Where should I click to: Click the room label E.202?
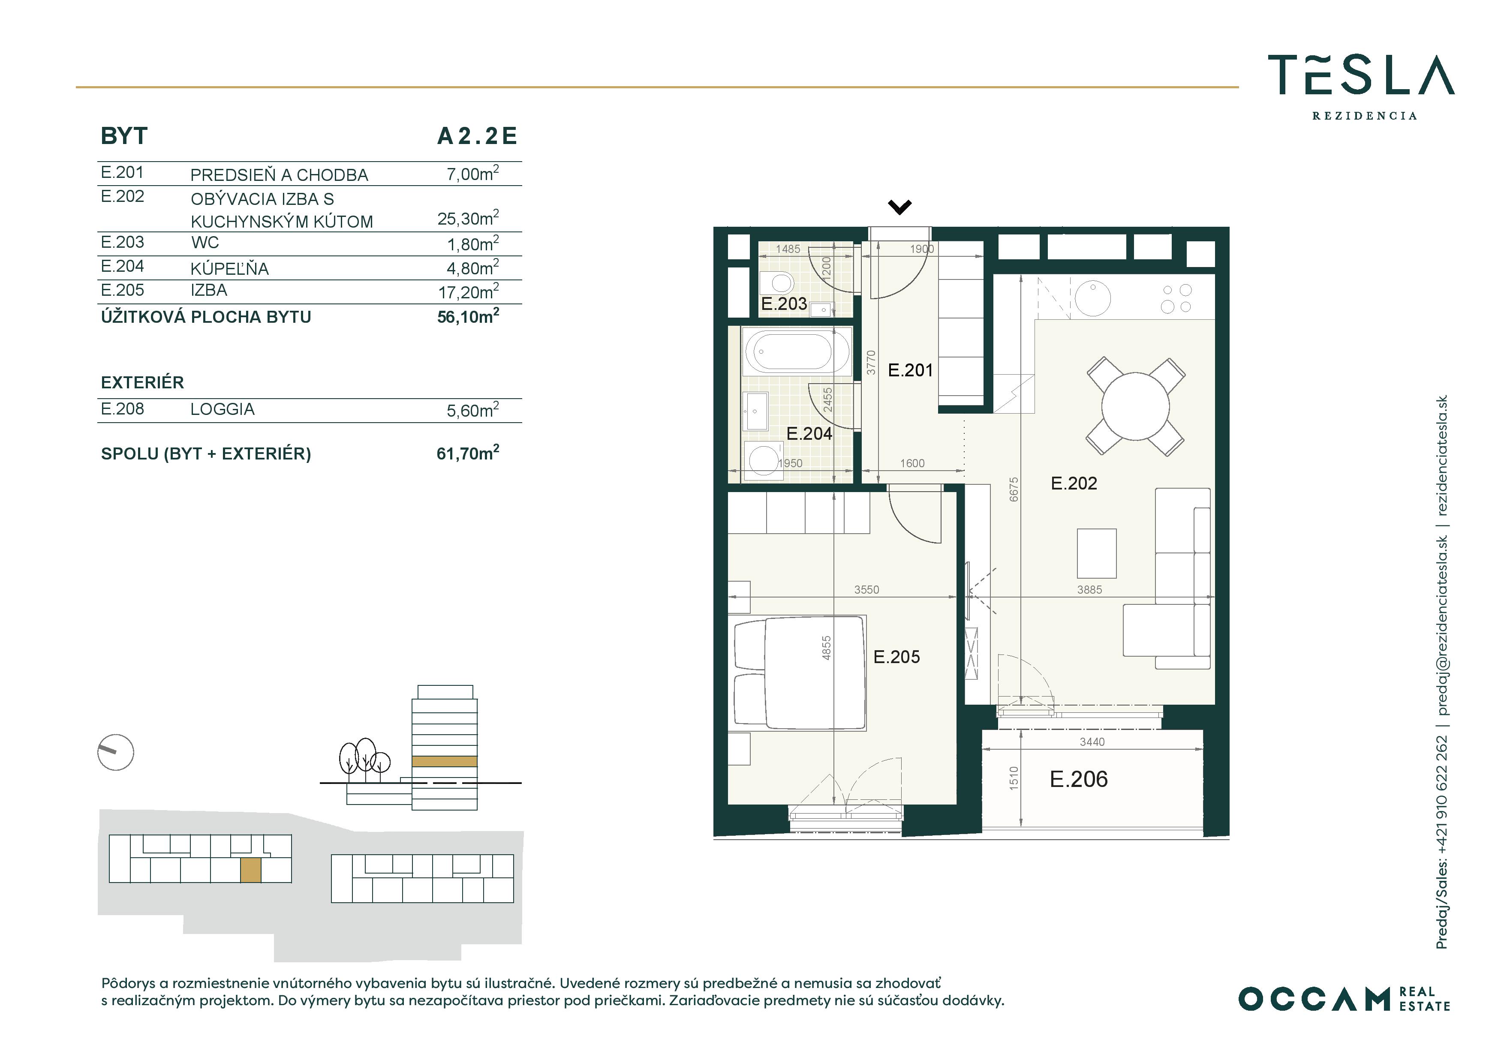coord(1074,483)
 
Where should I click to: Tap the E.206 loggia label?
coord(1078,779)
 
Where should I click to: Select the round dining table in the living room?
coord(1135,406)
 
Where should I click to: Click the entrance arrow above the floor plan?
coord(899,207)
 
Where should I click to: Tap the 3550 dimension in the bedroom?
coord(866,589)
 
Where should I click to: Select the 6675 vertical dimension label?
coord(1014,489)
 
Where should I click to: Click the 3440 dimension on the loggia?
coord(1092,742)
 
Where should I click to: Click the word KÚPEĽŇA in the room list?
coord(229,268)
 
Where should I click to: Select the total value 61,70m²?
coord(468,453)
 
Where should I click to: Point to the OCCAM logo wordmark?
coord(1314,999)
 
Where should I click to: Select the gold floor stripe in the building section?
coord(444,761)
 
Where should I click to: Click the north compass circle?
coord(116,752)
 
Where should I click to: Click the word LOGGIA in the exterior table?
coord(222,409)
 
